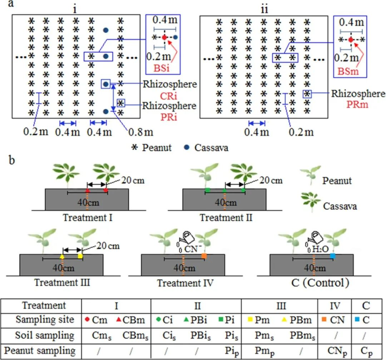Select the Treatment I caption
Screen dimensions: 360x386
(88, 217)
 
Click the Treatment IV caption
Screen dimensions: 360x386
(185, 283)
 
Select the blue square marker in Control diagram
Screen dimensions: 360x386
(333, 256)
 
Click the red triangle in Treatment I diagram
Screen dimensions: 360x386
(88, 190)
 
